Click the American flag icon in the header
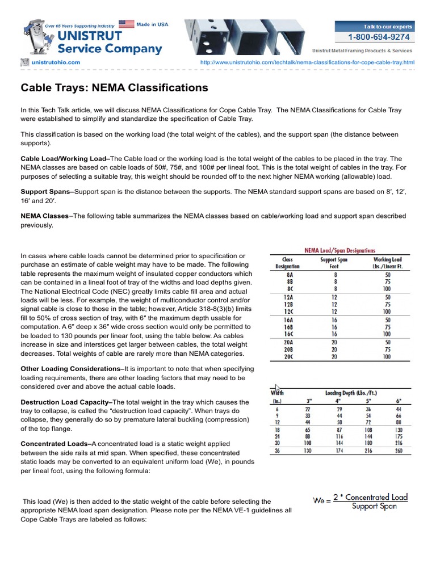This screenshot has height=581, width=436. pyautogui.click(x=126, y=24)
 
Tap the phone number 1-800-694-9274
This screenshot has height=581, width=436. pyautogui.click(x=381, y=37)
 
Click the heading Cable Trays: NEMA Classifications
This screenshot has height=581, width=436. pyautogui.click(x=114, y=88)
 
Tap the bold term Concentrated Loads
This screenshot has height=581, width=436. pyautogui.click(x=55, y=444)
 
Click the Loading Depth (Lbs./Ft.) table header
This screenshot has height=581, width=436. pyautogui.click(x=350, y=392)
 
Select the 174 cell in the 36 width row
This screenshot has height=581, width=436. pyautogui.click(x=341, y=451)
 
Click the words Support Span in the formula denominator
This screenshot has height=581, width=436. pyautogui.click(x=374, y=507)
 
